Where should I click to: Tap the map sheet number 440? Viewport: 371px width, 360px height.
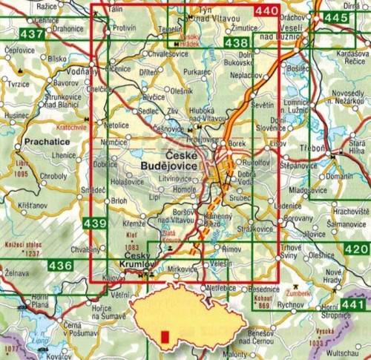[266, 11]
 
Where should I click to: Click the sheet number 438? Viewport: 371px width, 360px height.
[235, 44]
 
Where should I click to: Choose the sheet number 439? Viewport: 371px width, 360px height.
[95, 223]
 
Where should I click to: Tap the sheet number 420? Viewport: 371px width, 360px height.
[355, 249]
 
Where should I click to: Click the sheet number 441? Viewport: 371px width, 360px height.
[355, 305]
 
